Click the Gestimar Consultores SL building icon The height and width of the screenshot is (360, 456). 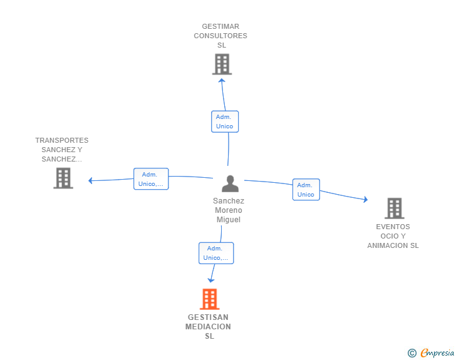pyautogui.click(x=222, y=64)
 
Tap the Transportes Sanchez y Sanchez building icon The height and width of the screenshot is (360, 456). pyautogui.click(x=63, y=178)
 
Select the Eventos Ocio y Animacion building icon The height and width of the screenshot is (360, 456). pyautogui.click(x=394, y=208)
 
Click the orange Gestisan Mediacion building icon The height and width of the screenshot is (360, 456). pyautogui.click(x=210, y=299)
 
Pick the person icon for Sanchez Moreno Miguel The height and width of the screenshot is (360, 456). pyautogui.click(x=230, y=184)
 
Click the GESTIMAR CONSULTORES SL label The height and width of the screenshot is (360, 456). pyautogui.click(x=220, y=36)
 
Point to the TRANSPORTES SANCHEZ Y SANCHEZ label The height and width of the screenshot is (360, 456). pyautogui.click(x=62, y=150)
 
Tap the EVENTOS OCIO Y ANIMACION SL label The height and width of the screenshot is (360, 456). pyautogui.click(x=393, y=236)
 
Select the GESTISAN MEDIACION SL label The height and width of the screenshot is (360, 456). pyautogui.click(x=209, y=326)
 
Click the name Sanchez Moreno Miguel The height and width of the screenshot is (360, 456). pyautogui.click(x=229, y=210)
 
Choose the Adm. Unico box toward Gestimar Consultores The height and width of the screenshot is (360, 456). pyautogui.click(x=224, y=121)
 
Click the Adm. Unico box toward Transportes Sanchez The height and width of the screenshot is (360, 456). pyautogui.click(x=151, y=179)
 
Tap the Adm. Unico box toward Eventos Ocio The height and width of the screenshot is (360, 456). pyautogui.click(x=306, y=190)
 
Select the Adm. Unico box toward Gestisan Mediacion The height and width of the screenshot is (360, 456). pyautogui.click(x=216, y=253)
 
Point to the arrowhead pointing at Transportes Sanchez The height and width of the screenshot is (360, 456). pyautogui.click(x=91, y=181)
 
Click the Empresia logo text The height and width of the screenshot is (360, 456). pyautogui.click(x=437, y=352)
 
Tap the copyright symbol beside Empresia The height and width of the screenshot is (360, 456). pyautogui.click(x=412, y=353)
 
